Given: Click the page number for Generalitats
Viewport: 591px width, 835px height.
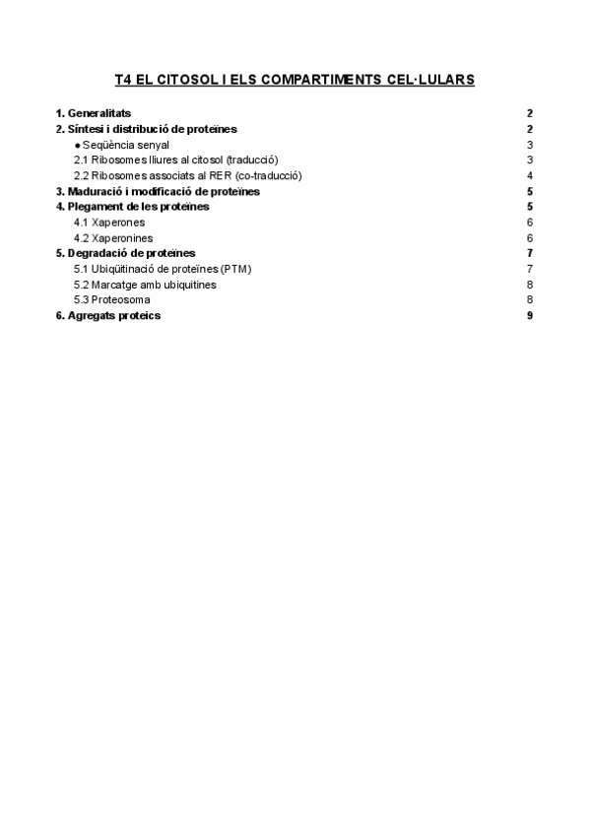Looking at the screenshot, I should [530, 113].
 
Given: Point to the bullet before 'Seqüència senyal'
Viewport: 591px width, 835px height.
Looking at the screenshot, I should [78, 145].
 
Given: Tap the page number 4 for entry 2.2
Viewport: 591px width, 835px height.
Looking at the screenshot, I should [530, 175].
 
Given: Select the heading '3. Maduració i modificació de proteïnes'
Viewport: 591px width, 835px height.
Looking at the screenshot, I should [158, 191].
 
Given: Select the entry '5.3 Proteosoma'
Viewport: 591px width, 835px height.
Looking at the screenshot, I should [112, 299].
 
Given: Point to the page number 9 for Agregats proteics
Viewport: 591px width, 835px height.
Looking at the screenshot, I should [530, 315].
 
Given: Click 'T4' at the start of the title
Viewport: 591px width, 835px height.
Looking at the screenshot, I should [124, 79].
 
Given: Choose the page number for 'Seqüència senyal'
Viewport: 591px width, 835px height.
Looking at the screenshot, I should [530, 145].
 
